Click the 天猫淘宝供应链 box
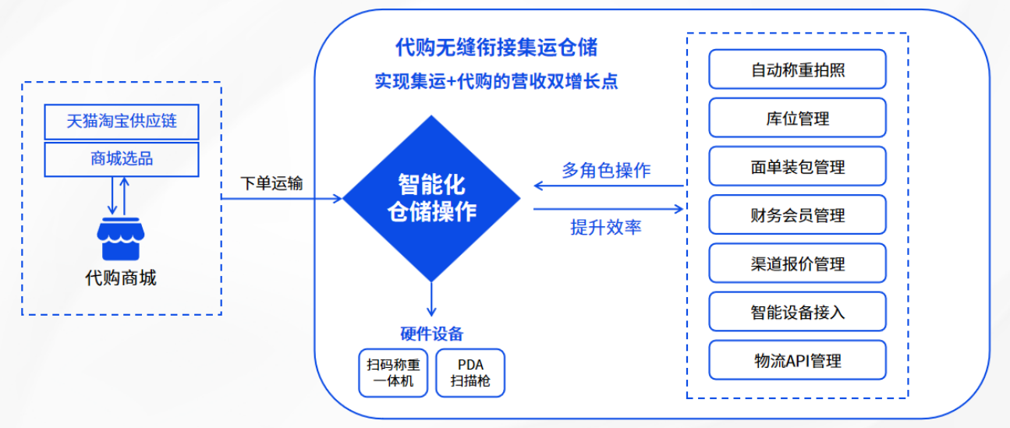pos(121,122)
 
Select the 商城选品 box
pos(121,159)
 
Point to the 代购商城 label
pos(120,278)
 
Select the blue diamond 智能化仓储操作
pos(431,198)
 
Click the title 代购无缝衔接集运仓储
pos(496,48)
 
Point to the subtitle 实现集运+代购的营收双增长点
pos(496,82)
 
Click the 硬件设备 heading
pos(431,334)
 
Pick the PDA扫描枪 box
pos(470,373)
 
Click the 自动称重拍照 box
pos(797,70)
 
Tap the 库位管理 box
pos(797,118)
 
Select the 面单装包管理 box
pos(797,167)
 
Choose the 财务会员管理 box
pos(797,215)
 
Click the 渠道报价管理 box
pos(797,264)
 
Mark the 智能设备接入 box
pos(797,312)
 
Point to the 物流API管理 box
pos(797,360)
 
